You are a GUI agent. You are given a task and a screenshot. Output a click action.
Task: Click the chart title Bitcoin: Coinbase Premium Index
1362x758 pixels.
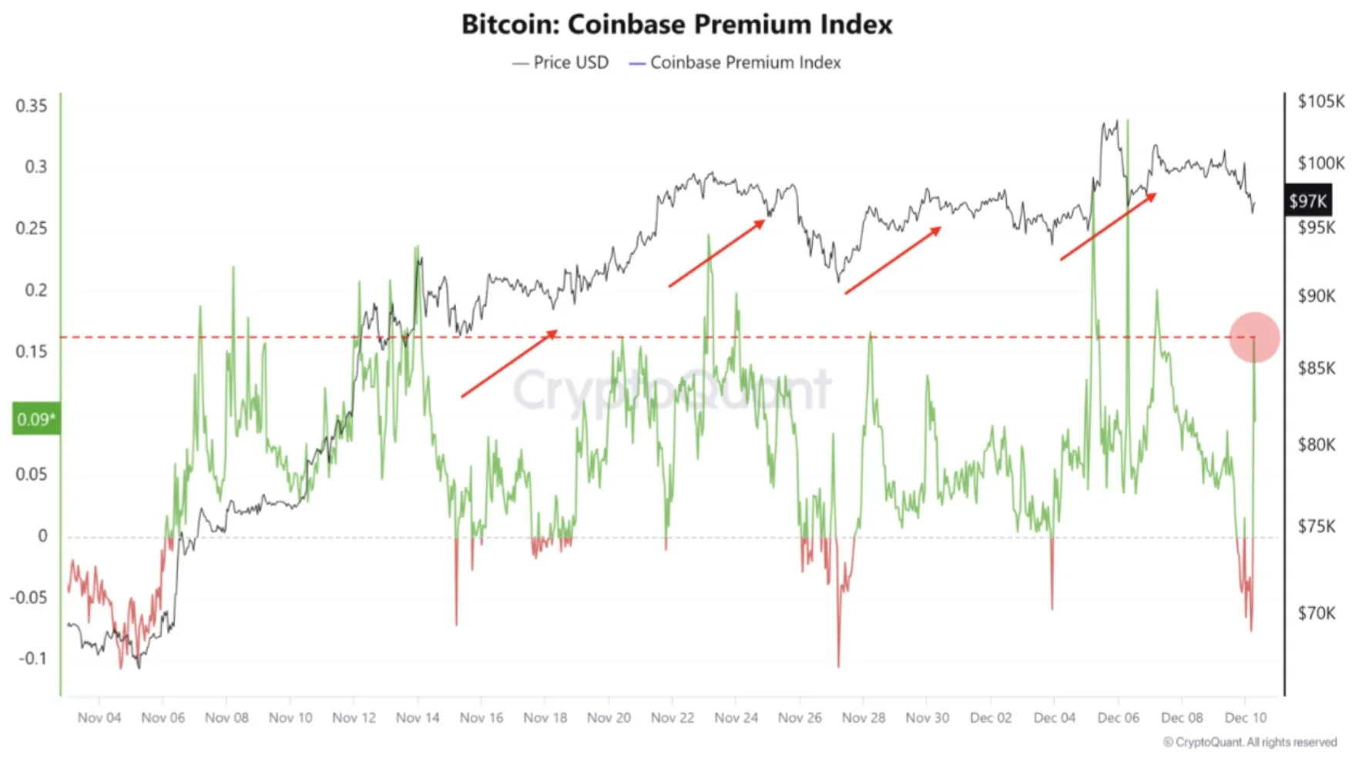coord(676,25)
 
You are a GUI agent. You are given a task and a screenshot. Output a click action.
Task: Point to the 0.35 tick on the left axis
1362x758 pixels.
coord(32,106)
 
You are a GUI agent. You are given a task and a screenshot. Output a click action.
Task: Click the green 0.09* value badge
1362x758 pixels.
coord(36,419)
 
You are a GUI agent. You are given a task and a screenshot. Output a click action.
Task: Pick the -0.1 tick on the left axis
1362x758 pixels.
coord(33,659)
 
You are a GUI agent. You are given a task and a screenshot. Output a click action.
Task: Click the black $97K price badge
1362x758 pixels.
coord(1308,201)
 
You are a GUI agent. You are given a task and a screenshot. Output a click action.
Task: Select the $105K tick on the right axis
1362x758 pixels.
coord(1321,101)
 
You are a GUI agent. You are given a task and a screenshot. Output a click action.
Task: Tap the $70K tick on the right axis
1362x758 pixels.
coord(1317,613)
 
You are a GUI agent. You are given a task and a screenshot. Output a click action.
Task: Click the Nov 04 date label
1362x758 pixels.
coord(99,718)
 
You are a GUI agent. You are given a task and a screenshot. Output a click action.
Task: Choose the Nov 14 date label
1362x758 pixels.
coord(418,718)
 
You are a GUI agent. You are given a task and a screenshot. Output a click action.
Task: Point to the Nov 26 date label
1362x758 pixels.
coord(800,718)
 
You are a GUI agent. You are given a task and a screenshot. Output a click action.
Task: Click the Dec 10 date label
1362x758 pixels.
coord(1246,718)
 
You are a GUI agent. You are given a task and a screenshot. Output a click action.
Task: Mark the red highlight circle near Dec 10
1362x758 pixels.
coord(1254,337)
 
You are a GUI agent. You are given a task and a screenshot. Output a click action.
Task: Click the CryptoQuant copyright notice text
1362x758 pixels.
coord(1250,742)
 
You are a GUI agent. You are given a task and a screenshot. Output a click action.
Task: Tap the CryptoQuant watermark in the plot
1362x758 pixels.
coord(672,390)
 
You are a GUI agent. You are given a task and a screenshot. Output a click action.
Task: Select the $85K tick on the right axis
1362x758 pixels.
coord(1317,368)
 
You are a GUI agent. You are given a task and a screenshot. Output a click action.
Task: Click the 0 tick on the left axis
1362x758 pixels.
coord(42,536)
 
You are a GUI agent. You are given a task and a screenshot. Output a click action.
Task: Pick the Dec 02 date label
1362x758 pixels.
coord(991,718)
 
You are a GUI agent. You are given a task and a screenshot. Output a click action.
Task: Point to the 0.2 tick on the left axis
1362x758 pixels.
coord(36,290)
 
